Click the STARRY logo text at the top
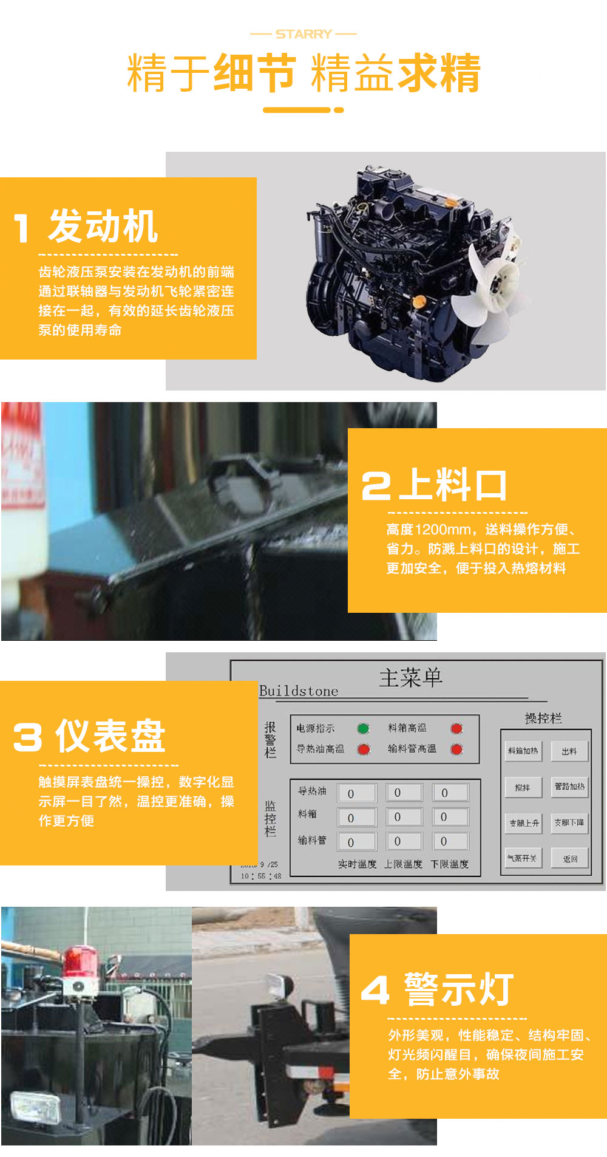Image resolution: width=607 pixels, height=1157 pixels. pyautogui.click(x=303, y=34)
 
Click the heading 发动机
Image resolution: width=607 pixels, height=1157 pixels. pyautogui.click(x=103, y=227)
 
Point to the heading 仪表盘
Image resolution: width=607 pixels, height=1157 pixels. pyautogui.click(x=110, y=736)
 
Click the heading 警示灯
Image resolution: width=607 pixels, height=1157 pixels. pyautogui.click(x=459, y=989)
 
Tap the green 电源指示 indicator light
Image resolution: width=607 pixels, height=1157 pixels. pyautogui.click(x=363, y=728)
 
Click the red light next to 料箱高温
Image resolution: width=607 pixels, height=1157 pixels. pyautogui.click(x=456, y=728)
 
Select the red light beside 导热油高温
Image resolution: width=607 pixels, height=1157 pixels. pyautogui.click(x=363, y=749)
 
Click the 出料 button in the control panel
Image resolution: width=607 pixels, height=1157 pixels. pyautogui.click(x=569, y=751)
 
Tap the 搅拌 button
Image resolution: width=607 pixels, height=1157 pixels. pyautogui.click(x=523, y=787)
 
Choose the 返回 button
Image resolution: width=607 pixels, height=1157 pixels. pyautogui.click(x=569, y=859)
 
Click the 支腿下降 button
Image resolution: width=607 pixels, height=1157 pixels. pyautogui.click(x=569, y=823)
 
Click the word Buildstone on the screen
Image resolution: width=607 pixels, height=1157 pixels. pyautogui.click(x=299, y=691)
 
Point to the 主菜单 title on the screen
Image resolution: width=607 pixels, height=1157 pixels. pyautogui.click(x=410, y=678)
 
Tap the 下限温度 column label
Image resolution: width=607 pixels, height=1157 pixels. pyautogui.click(x=449, y=864)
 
